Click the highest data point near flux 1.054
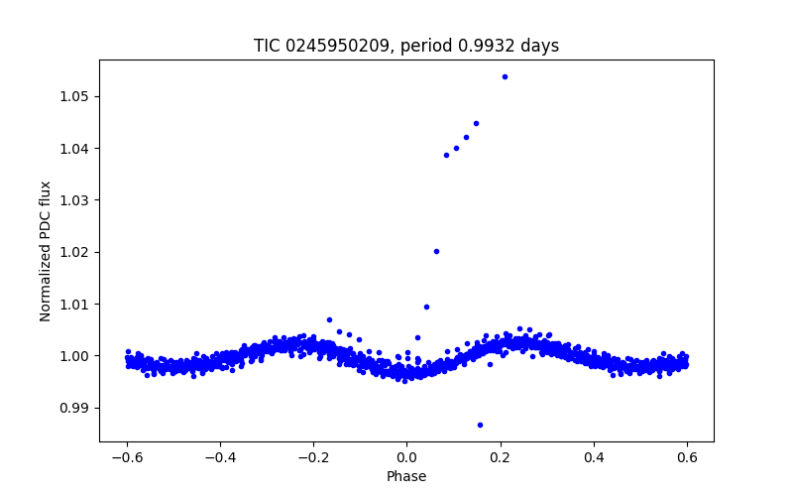pos(505,76)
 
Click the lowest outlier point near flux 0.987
pos(480,425)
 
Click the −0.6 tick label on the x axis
pos(127,457)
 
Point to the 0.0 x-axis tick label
pos(406,457)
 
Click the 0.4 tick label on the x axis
pos(594,457)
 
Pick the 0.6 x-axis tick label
pos(687,457)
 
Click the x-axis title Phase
pos(406,476)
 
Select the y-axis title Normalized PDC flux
pos(46,251)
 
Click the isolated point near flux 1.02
pos(436,251)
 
